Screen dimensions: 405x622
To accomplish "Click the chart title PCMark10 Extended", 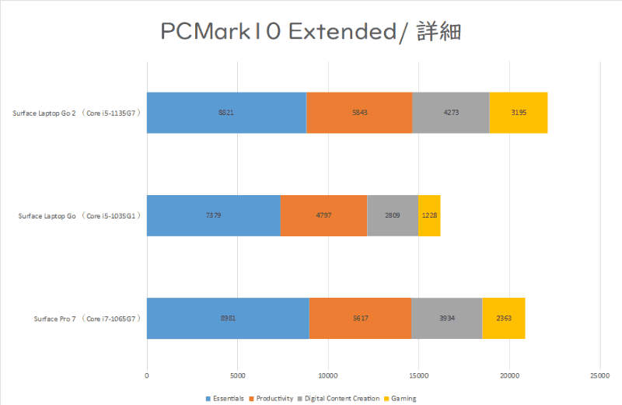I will click(x=312, y=32).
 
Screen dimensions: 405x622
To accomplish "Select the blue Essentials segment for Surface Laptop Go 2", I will click(x=226, y=113).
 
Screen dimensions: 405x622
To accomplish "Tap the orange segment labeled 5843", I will click(x=359, y=113).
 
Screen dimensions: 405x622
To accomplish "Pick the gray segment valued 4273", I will click(x=451, y=113).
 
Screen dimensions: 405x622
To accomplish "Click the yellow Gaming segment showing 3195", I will click(x=519, y=113).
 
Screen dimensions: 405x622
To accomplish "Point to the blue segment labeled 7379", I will click(x=214, y=215).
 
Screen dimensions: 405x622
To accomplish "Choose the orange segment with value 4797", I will click(x=324, y=215).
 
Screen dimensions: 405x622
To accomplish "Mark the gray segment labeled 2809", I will click(x=393, y=215).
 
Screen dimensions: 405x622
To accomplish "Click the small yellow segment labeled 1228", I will click(x=429, y=215).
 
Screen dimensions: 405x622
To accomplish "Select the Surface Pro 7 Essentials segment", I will click(x=228, y=318).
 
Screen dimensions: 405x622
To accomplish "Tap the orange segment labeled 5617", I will click(x=360, y=318).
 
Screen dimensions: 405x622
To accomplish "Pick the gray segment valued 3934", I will click(x=447, y=318).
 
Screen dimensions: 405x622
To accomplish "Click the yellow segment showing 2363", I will click(x=504, y=318).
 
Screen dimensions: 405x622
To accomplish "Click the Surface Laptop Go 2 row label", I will click(x=75, y=113).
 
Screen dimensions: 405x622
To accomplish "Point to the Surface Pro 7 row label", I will click(x=86, y=318).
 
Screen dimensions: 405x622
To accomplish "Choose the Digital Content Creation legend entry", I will click(x=340, y=399).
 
